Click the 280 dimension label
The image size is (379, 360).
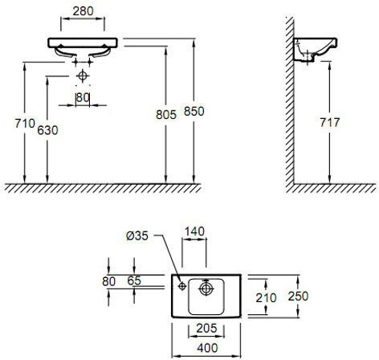[83, 11]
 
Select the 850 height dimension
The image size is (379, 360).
[194, 111]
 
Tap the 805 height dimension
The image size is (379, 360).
[166, 115]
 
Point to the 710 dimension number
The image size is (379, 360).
[25, 123]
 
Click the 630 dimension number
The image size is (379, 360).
[47, 130]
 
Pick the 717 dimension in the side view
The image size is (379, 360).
[330, 122]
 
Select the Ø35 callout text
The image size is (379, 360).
[137, 235]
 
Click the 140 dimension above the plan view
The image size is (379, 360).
[194, 231]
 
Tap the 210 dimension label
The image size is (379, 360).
[266, 298]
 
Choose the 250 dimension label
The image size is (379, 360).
[298, 296]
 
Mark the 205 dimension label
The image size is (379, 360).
[206, 328]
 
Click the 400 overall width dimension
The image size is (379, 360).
[207, 348]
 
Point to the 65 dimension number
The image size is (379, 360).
[134, 280]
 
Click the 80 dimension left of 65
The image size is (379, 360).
[109, 281]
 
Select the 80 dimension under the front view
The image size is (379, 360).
[83, 98]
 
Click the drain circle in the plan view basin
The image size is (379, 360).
[206, 288]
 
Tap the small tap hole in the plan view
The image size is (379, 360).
[182, 286]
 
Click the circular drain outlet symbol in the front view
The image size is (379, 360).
[83, 76]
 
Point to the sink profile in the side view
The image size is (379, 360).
[315, 50]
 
